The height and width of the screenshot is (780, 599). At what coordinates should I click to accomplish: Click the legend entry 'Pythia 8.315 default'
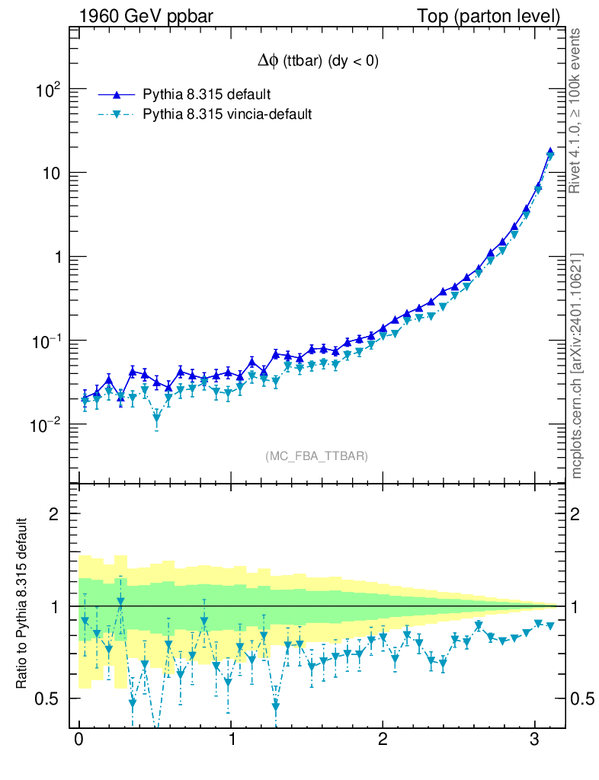[x=207, y=95]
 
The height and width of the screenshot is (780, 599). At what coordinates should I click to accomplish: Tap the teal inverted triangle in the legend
[x=117, y=115]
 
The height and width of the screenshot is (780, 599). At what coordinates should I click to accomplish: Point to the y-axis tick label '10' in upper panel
[x=50, y=174]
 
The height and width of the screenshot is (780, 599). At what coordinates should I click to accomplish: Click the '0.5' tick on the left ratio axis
[x=49, y=698]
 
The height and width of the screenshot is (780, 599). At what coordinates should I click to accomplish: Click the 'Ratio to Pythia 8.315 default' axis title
[x=22, y=605]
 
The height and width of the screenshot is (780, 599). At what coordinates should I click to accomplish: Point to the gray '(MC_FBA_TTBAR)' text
[x=316, y=456]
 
